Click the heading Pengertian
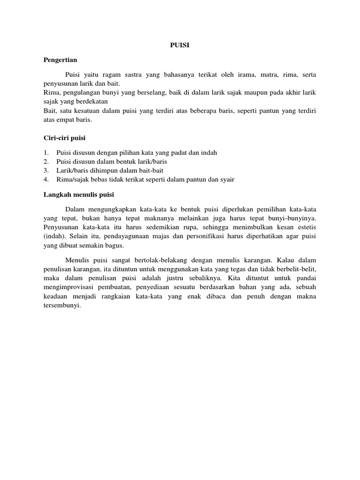[x=60, y=60]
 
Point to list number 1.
[x=46, y=153]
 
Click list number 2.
[x=46, y=162]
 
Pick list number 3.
[x=46, y=170]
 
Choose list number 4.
[x=46, y=179]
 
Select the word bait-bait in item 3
[x=150, y=170]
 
